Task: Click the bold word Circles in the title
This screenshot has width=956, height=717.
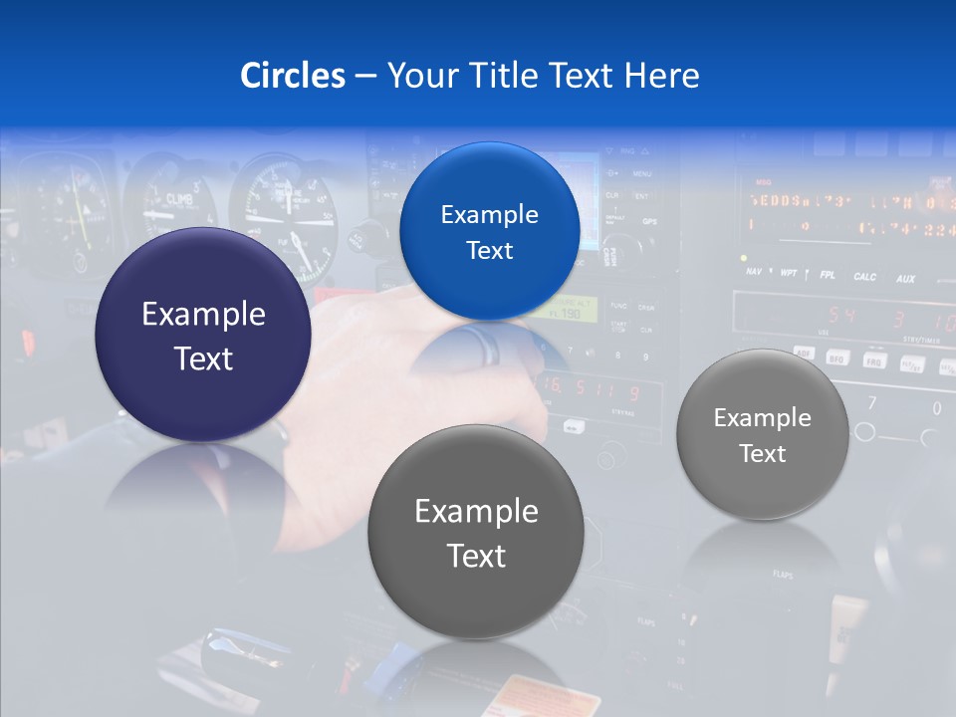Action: pos(293,76)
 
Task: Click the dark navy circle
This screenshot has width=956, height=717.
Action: pos(202,335)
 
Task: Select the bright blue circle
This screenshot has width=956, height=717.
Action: pos(489,231)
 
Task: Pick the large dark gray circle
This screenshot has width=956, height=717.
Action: pos(476,532)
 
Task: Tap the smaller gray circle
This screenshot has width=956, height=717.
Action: pos(762,434)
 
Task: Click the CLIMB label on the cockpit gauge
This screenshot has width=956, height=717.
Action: pos(179,198)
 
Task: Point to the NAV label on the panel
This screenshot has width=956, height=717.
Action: pos(754,270)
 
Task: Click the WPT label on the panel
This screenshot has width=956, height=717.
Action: pos(788,272)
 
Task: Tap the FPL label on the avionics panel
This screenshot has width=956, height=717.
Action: pos(827,274)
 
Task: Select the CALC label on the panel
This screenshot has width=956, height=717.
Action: pos(864,277)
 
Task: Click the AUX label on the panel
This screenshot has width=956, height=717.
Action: pos(904,279)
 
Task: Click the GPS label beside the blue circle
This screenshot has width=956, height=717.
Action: pos(648,221)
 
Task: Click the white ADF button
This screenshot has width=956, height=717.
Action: pos(804,354)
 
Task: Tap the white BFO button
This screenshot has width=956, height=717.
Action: pos(839,358)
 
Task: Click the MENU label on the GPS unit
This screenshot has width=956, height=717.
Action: pos(642,173)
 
